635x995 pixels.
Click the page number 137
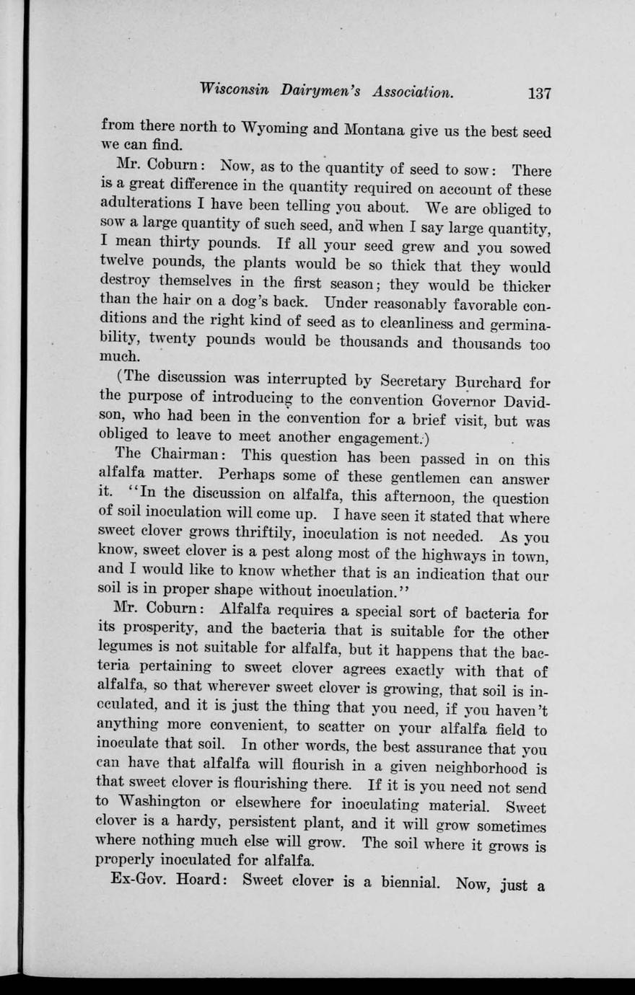[539, 93]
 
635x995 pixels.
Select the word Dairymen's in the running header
[321, 92]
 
